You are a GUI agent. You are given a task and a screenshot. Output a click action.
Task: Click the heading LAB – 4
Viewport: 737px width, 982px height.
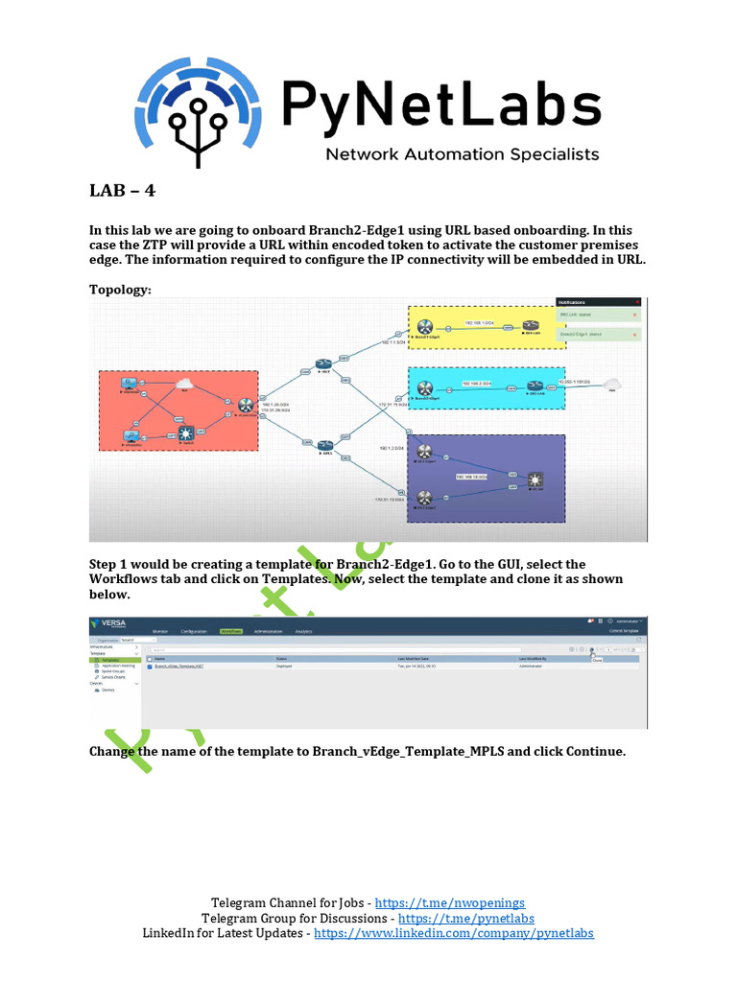click(122, 190)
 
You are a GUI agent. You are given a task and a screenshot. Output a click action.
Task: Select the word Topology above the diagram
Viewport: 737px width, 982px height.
click(120, 289)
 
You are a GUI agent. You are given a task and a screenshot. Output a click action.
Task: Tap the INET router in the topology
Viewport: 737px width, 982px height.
click(323, 365)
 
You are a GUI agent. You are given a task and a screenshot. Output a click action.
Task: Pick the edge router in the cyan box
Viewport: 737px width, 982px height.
click(423, 386)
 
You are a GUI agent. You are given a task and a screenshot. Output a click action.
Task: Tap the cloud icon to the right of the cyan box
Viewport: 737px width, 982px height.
click(611, 384)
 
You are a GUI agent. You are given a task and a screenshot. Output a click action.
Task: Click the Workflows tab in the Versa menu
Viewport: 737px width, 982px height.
click(231, 631)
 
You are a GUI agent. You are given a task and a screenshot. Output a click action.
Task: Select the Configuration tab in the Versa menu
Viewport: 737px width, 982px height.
click(193, 631)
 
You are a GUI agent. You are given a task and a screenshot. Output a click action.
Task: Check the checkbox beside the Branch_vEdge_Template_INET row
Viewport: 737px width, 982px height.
click(150, 666)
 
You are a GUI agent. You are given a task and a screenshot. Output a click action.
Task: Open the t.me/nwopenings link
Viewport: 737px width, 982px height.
click(449, 902)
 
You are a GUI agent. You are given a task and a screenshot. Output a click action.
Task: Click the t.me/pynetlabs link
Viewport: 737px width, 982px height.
click(465, 918)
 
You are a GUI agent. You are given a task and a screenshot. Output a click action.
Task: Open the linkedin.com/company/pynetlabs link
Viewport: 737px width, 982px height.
click(453, 933)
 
